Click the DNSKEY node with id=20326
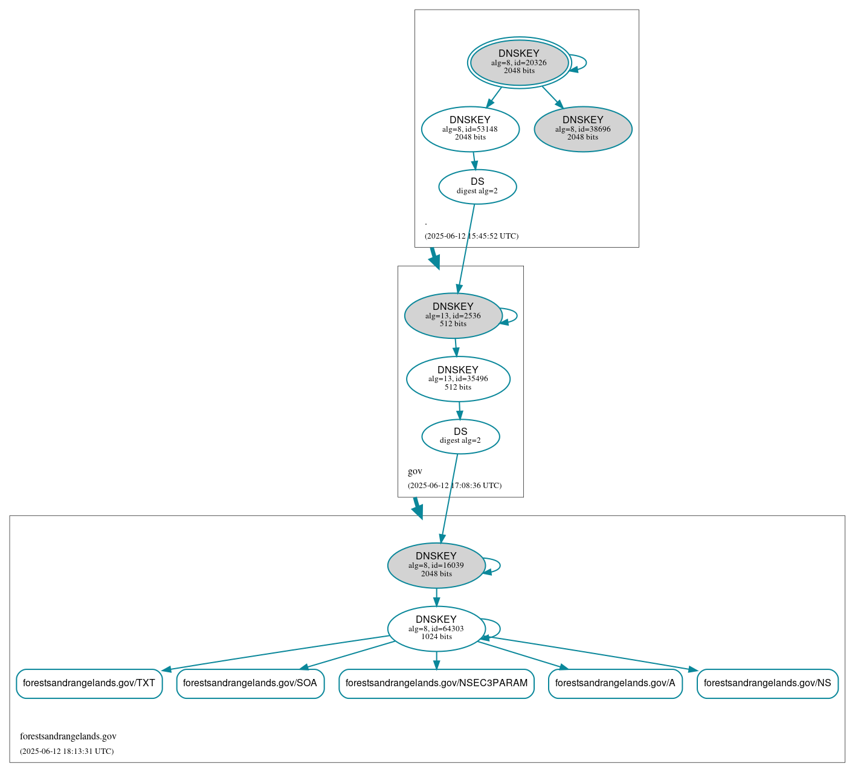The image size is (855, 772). point(519,62)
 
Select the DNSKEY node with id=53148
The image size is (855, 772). point(470,129)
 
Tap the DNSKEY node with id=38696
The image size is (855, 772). point(583,129)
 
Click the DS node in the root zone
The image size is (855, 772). point(477,187)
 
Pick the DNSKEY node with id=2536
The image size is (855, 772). point(453,315)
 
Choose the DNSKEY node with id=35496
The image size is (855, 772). point(458,379)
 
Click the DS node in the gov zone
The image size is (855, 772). point(460,436)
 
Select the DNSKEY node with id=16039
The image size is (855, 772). point(436,565)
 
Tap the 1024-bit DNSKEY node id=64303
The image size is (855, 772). point(436,628)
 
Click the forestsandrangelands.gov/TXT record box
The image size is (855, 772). point(89,683)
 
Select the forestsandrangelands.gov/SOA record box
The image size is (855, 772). point(250,683)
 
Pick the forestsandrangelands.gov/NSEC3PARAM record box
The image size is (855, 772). point(436,683)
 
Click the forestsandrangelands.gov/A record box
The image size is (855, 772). point(615,683)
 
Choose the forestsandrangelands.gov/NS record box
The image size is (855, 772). point(767,683)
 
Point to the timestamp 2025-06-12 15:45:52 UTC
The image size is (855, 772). point(471,236)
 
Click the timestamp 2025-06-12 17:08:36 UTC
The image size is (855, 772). point(454,486)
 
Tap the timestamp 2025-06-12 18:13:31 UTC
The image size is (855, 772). point(66,751)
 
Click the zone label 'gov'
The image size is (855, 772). point(415,471)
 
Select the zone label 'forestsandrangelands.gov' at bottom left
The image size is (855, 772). point(68,736)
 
